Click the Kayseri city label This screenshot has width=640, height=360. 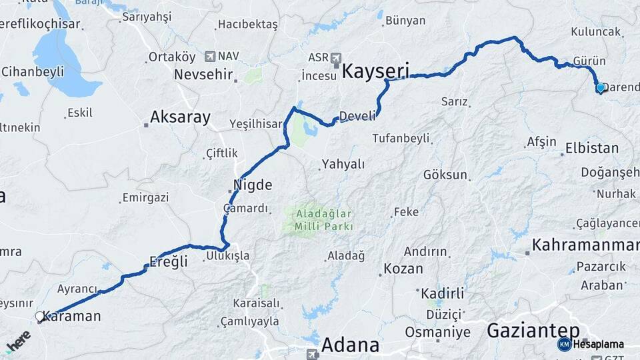point(375,70)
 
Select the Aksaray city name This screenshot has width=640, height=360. point(180,118)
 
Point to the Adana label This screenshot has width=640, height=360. point(350,345)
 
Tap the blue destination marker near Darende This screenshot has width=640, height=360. point(600,87)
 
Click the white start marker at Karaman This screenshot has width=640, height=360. point(39,317)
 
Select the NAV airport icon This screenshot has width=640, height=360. point(211,57)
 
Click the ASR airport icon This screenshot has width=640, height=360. point(335,57)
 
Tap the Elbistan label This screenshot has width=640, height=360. point(592,148)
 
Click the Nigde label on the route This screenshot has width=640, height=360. point(253,184)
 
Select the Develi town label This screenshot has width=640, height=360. point(357,116)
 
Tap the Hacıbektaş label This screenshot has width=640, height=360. point(247,25)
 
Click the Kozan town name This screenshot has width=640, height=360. point(403,269)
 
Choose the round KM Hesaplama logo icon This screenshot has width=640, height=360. point(564,344)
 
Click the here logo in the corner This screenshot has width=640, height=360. point(19,341)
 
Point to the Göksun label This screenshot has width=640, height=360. point(445,175)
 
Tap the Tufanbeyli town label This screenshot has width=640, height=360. point(401,138)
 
